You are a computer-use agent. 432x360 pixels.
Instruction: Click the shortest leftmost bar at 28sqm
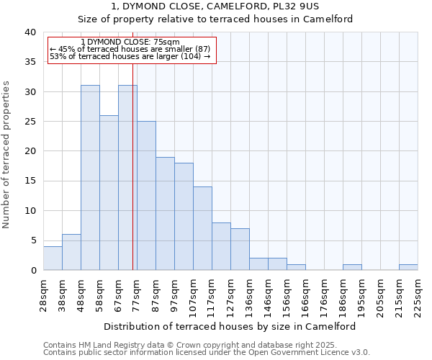click(x=53, y=258)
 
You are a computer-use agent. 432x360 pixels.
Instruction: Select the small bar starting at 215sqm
click(x=408, y=267)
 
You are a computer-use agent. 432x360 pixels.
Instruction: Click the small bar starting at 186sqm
click(x=352, y=267)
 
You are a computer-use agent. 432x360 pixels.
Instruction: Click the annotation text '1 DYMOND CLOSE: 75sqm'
click(x=130, y=42)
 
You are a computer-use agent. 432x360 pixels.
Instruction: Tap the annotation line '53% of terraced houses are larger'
click(x=130, y=56)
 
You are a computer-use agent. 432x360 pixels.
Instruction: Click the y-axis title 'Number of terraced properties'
click(x=7, y=154)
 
